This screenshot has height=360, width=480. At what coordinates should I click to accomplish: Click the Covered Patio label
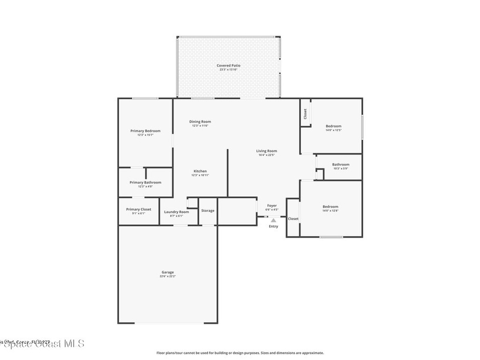(x=228, y=66)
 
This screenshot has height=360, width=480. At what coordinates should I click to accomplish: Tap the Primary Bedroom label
(x=145, y=131)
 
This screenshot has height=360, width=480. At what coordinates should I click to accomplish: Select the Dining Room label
(x=200, y=121)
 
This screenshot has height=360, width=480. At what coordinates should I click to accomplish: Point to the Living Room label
(x=266, y=151)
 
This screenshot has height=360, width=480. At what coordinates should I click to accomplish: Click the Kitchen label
(x=200, y=171)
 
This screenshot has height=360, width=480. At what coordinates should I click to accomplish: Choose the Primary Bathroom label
(x=145, y=182)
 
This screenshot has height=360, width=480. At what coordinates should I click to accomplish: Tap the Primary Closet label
(x=139, y=209)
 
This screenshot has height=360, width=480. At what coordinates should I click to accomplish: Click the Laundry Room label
(x=177, y=212)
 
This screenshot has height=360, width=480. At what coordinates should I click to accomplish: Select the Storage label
(x=208, y=210)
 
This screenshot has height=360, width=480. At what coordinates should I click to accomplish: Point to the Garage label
(x=168, y=272)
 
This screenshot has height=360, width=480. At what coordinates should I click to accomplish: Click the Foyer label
(x=272, y=205)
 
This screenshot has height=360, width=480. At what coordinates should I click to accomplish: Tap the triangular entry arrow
(x=273, y=219)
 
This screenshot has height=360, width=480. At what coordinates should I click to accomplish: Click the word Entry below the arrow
(x=273, y=226)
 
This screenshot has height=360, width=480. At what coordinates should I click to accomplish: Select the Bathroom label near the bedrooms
(x=341, y=165)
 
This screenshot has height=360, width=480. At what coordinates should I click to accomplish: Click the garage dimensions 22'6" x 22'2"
(x=168, y=277)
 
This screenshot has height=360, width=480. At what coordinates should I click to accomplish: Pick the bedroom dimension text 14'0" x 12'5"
(x=334, y=130)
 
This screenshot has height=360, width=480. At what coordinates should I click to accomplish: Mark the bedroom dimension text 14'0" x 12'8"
(x=330, y=211)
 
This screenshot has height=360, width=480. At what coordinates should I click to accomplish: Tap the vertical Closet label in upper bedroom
(x=305, y=113)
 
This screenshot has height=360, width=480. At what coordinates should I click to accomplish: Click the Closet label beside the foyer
(x=293, y=218)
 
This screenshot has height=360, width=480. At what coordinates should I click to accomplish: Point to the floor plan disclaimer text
(x=240, y=353)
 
